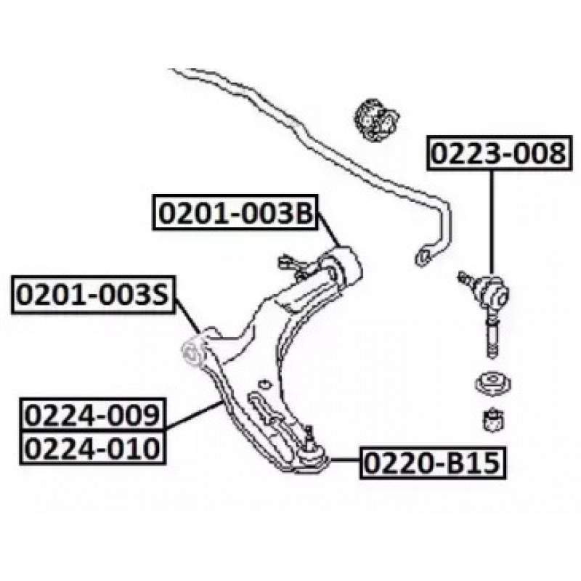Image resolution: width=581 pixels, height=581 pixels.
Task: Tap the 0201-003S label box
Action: click(x=92, y=295)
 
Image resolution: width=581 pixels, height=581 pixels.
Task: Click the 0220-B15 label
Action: click(x=433, y=460)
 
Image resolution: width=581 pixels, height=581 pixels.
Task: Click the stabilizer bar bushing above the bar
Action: click(x=376, y=119)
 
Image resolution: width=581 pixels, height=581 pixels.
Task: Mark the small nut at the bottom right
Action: click(x=494, y=419)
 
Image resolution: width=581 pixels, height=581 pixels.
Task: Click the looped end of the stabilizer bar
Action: click(x=423, y=254)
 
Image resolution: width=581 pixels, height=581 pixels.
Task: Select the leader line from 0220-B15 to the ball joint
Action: click(x=344, y=459)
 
